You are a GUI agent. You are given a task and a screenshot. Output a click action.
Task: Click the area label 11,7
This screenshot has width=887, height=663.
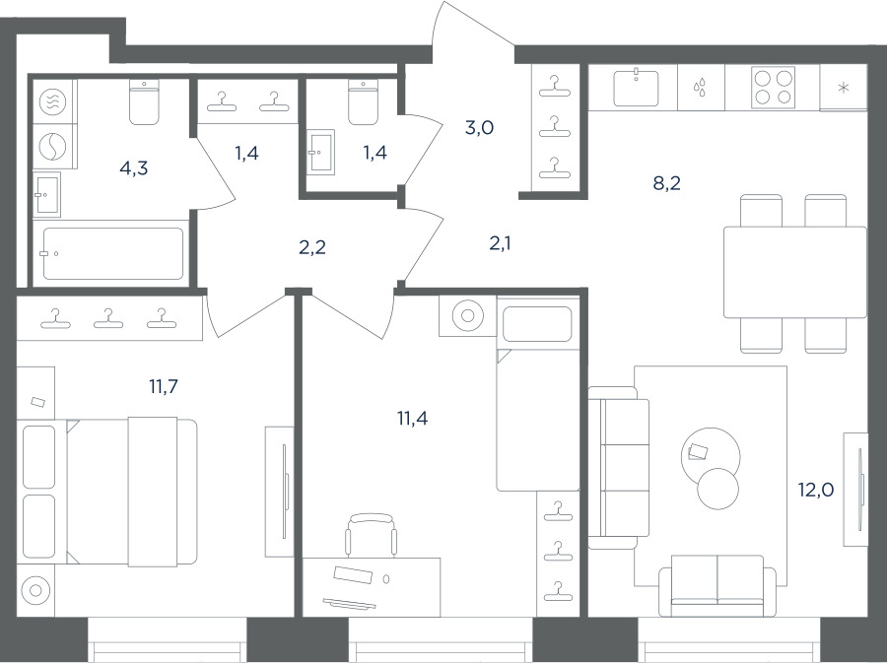(164, 387)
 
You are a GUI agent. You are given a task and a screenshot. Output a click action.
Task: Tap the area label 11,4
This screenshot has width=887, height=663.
(412, 419)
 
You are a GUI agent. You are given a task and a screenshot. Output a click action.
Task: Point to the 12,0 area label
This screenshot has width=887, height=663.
(816, 490)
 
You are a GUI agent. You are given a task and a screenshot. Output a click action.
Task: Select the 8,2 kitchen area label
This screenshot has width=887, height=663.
(667, 183)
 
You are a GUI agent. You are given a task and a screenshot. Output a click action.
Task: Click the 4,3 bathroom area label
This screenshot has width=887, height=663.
(134, 167)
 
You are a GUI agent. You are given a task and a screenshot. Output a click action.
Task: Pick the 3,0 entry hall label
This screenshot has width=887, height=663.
(480, 128)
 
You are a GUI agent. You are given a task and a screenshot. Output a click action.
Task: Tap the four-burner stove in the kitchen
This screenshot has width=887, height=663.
(773, 88)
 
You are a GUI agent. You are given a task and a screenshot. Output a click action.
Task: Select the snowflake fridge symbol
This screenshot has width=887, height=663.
(844, 88)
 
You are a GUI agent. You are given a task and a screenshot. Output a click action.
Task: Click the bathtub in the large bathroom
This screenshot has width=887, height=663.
(113, 253)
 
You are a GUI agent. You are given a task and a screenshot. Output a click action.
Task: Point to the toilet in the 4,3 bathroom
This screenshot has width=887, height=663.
(144, 101)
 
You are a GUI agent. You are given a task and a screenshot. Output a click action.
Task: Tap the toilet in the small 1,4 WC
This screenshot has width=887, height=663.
(363, 101)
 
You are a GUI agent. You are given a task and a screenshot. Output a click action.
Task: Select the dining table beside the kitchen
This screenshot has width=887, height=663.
(795, 273)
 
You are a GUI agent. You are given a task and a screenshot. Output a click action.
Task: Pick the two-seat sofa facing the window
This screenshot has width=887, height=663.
(717, 585)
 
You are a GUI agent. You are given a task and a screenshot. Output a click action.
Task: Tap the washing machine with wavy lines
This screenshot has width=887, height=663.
(53, 101)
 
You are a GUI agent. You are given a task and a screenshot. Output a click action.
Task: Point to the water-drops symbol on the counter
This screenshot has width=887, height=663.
(701, 88)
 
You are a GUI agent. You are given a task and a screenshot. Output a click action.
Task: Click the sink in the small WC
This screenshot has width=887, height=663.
(320, 151)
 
